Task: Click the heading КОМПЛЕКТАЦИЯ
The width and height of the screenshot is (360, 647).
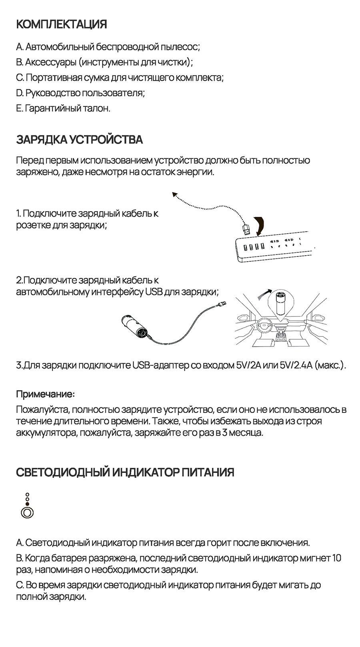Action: tap(62, 24)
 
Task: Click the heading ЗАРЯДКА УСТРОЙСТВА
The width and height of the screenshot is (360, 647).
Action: tap(79, 140)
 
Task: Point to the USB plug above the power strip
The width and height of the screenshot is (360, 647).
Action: tap(246, 229)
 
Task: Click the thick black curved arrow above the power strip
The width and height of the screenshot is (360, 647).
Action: tap(260, 225)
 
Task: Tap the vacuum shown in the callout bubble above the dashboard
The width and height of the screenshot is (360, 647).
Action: tap(280, 304)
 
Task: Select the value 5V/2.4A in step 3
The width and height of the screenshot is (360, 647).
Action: tap(296, 365)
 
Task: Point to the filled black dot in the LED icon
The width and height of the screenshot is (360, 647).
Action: tap(28, 504)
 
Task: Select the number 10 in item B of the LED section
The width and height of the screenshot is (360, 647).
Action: tap(337, 558)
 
